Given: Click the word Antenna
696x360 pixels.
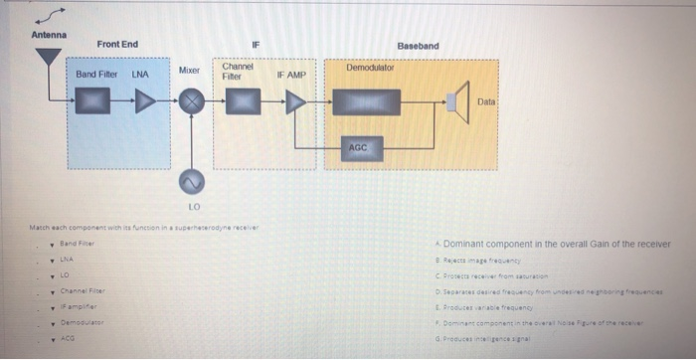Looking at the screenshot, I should [x=48, y=36].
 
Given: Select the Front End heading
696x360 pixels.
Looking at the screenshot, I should [x=117, y=45].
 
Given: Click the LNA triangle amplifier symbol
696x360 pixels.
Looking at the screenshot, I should [x=145, y=100].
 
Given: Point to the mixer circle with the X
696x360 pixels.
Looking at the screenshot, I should [x=191, y=101].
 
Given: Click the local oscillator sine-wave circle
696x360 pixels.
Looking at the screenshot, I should [x=191, y=180].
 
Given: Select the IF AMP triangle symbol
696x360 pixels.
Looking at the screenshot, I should [x=295, y=101].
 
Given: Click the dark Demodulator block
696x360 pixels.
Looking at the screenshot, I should [x=366, y=101].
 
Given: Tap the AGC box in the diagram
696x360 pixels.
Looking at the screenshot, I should [x=358, y=147].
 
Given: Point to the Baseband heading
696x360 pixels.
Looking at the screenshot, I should [x=418, y=46].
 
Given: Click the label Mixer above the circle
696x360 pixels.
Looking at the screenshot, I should [x=190, y=72].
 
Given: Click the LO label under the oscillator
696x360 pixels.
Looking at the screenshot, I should [x=193, y=207].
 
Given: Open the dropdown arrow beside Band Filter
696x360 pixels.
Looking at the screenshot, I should [x=52, y=243].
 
